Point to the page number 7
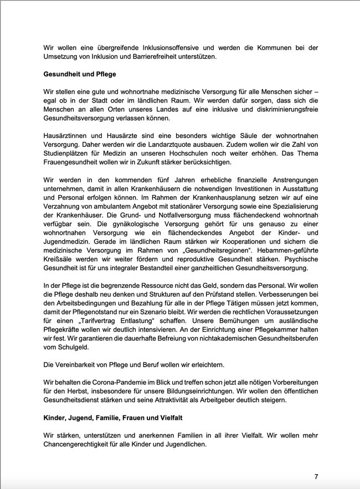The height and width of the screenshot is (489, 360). tap(316, 477)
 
